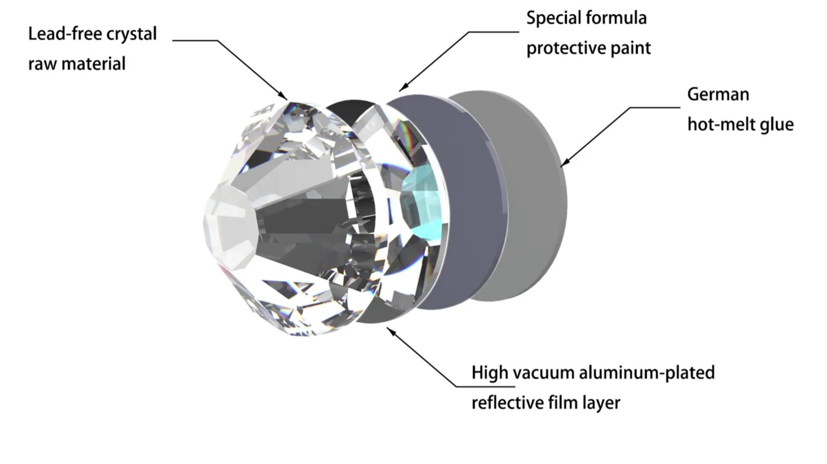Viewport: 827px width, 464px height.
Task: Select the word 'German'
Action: coord(718,94)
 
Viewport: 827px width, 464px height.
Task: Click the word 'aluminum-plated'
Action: coord(647,373)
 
